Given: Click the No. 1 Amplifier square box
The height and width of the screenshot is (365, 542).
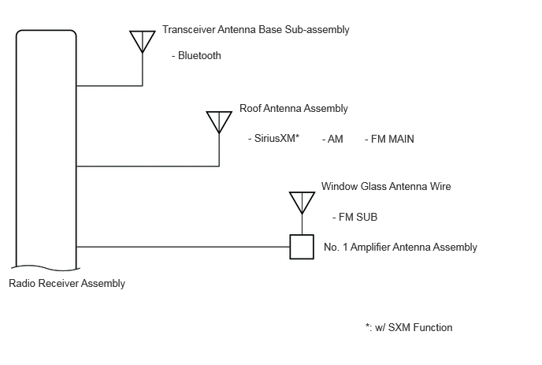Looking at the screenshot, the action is (x=302, y=247).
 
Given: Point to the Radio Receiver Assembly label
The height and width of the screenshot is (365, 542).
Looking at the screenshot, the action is (x=67, y=283).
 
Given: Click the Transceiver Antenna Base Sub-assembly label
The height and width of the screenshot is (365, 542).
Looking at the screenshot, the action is (x=256, y=30).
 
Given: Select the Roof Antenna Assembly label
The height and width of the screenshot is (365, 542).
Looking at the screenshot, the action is (x=294, y=109).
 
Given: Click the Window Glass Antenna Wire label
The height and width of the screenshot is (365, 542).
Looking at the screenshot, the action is (x=386, y=187).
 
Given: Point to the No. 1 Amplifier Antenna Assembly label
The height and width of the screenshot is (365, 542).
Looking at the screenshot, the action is (x=400, y=248).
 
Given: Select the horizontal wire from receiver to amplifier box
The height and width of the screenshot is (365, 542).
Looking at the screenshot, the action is (x=183, y=247).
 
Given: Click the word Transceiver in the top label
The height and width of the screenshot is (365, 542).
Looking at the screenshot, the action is (x=189, y=30).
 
